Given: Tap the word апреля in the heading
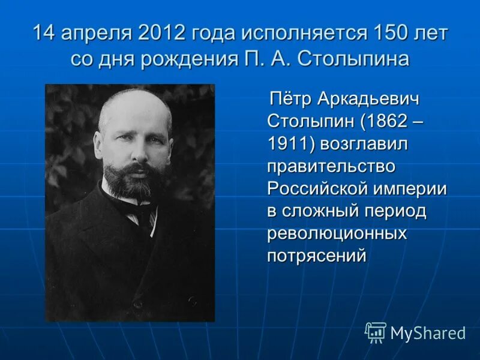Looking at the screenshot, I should click(97, 34).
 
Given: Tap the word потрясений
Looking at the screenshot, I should click(316, 256).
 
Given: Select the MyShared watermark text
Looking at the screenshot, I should click(427, 333).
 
